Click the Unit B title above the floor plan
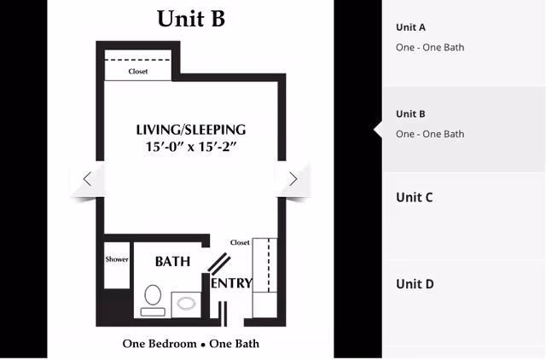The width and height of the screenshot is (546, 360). [191, 19]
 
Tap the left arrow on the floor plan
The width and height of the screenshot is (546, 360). [87, 179]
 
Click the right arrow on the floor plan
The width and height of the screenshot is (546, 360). [293, 179]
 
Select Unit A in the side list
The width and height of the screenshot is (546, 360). [410, 27]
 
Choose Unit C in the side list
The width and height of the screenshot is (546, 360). [414, 197]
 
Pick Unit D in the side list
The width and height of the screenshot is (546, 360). [415, 284]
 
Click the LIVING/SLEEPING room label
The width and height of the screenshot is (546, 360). [191, 130]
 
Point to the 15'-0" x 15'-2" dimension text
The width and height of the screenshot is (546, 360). [191, 147]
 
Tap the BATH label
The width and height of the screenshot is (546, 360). [172, 262]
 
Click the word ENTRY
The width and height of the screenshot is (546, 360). [231, 283]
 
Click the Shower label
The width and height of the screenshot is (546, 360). [117, 259]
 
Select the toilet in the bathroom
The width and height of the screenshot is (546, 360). [153, 300]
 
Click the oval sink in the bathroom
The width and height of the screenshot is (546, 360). [187, 303]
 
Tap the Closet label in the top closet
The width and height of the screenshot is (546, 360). [138, 72]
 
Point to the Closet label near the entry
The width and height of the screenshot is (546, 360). [240, 242]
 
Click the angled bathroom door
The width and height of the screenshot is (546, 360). [219, 263]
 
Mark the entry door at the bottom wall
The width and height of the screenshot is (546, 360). [223, 314]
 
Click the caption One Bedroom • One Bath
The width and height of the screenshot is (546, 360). [191, 344]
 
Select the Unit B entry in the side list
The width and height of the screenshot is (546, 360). [410, 113]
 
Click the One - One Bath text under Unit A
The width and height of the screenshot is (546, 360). [430, 48]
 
